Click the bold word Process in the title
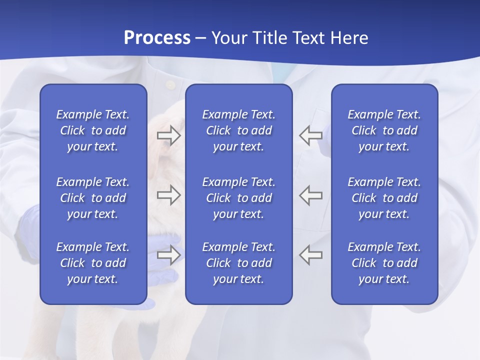pyautogui.click(x=157, y=37)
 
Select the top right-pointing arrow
pyautogui.click(x=168, y=135)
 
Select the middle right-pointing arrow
pyautogui.click(x=168, y=194)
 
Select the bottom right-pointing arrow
pyautogui.click(x=168, y=254)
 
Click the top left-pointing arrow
pyautogui.click(x=310, y=135)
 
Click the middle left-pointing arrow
pyautogui.click(x=310, y=194)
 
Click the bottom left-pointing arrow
pyautogui.click(x=310, y=254)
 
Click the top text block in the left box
pyautogui.click(x=93, y=130)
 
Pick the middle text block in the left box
pyautogui.click(x=93, y=198)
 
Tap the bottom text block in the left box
pyautogui.click(x=93, y=263)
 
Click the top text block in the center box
pyautogui.click(x=238, y=130)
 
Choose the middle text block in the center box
pyautogui.click(x=238, y=198)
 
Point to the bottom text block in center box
pyautogui.click(x=238, y=263)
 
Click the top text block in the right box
pyautogui.click(x=384, y=130)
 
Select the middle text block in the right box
pyautogui.click(x=384, y=198)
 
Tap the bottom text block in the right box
pyautogui.click(x=384, y=263)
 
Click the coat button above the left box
pyautogui.click(x=170, y=85)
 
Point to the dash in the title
pyautogui.click(x=201, y=38)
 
